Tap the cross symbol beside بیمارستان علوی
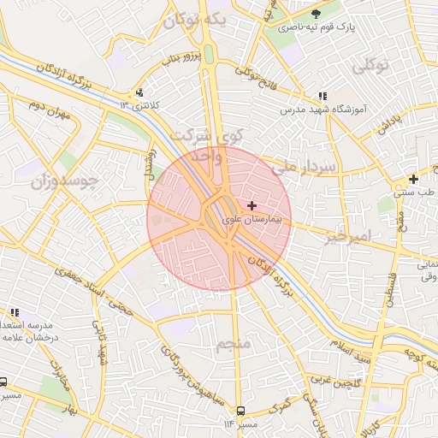pyautogui.click(x=251, y=206)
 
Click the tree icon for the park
pyautogui.click(x=317, y=14)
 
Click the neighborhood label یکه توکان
pyautogui.click(x=196, y=20)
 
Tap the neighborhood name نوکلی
pyautogui.click(x=370, y=65)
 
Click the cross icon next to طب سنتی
pyautogui.click(x=413, y=179)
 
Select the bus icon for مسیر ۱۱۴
pyautogui.click(x=240, y=411)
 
